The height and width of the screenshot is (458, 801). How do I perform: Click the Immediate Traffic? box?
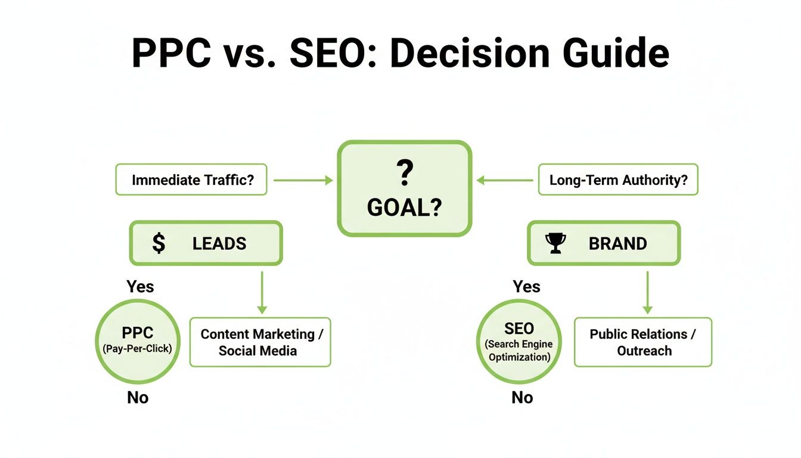(191, 180)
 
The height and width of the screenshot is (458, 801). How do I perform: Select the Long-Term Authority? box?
(617, 180)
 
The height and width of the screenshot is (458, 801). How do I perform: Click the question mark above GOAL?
(404, 174)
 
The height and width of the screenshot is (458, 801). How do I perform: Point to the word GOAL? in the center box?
(404, 208)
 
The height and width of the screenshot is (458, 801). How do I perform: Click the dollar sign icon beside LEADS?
(159, 243)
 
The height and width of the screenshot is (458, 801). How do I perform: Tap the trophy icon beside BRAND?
(555, 243)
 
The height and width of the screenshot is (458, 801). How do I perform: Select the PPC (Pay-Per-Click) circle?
(138, 341)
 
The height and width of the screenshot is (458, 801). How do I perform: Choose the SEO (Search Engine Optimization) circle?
(519, 341)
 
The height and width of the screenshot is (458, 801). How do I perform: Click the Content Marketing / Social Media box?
(260, 342)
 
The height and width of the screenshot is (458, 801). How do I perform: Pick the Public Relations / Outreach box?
(643, 342)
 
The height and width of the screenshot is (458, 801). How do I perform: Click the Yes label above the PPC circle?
(140, 287)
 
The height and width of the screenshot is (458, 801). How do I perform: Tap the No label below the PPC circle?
(138, 397)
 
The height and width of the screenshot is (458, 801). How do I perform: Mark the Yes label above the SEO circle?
(526, 287)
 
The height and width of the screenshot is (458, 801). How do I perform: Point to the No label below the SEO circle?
(522, 397)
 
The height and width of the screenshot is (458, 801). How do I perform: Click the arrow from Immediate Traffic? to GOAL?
(303, 180)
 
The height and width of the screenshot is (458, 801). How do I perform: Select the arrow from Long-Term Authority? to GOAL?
(505, 180)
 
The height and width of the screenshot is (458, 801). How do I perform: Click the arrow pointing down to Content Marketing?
(262, 292)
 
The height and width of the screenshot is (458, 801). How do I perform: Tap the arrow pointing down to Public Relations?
(647, 292)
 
